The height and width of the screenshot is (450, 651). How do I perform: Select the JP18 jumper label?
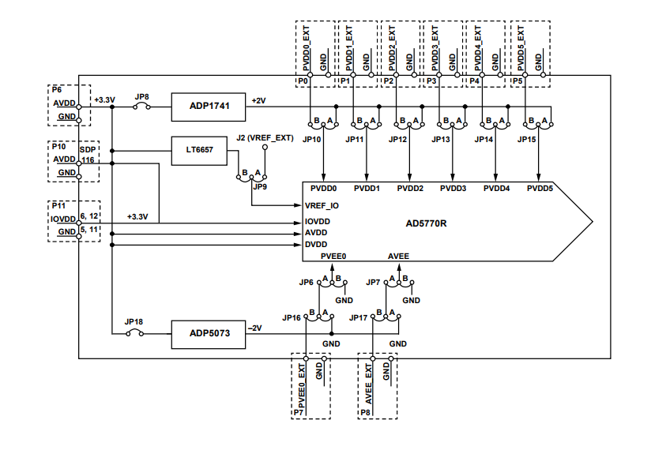point(134,322)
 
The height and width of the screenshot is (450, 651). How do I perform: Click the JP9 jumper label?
point(260,187)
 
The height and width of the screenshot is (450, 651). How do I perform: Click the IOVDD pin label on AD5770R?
point(318,222)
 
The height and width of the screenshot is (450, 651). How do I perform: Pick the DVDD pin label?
point(316,246)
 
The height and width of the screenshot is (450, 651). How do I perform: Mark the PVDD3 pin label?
point(453,189)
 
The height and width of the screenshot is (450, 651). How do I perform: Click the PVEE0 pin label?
point(333,257)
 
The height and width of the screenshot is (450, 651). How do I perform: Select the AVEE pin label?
point(398,257)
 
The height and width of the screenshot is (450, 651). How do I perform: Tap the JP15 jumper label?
point(527,139)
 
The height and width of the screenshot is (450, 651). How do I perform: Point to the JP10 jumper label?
point(311,139)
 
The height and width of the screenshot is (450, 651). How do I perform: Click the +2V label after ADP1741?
point(258,100)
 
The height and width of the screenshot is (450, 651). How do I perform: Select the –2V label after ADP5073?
point(254,328)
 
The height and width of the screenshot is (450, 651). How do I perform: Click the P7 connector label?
point(299,412)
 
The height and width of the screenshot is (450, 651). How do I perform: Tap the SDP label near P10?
point(87,148)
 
